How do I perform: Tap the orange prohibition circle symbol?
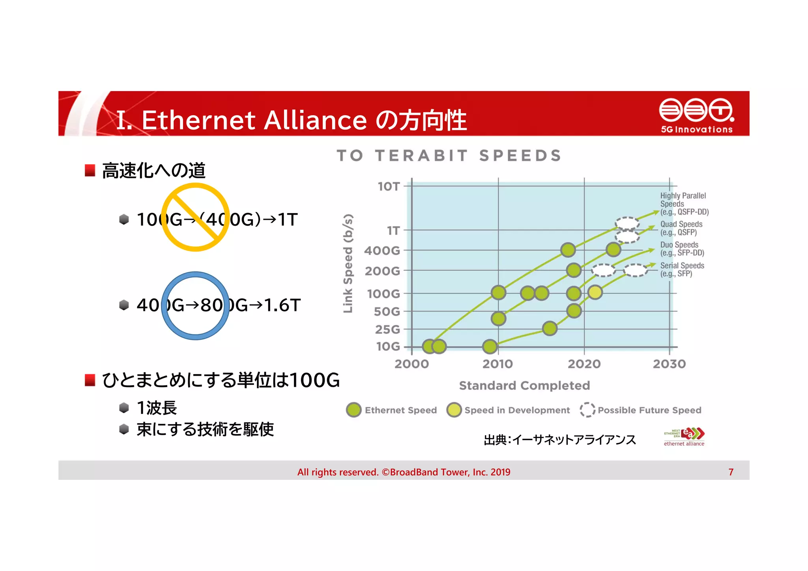coord(195,217)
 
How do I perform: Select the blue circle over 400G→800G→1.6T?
coord(195,305)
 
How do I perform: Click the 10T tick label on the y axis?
coord(389,186)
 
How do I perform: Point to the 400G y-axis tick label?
coord(382,251)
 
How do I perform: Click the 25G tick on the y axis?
coord(387,329)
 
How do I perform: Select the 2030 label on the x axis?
coord(669,364)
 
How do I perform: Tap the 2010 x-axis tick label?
coord(498,364)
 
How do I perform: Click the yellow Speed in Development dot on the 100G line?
coord(595,292)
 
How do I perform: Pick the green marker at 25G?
coord(550,328)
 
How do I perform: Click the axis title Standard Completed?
coord(524,386)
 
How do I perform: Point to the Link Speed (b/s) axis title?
coord(348,263)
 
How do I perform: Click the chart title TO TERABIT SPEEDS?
coord(449,155)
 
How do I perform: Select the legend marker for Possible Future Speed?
coord(587,410)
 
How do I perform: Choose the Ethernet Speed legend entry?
coord(392,410)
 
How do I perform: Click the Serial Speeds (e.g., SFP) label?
coord(682,270)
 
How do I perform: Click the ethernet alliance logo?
coord(685,437)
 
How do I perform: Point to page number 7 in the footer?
coord(731,472)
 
